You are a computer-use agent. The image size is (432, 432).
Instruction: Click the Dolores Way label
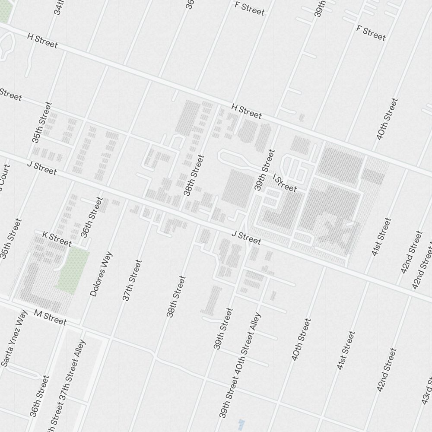[x=100, y=274]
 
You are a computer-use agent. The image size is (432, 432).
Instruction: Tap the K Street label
[x=57, y=238]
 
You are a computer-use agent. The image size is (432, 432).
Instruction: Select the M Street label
[x=50, y=318]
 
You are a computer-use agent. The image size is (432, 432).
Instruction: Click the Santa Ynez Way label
[x=15, y=339]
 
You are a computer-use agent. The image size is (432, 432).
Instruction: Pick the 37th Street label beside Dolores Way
[x=132, y=280]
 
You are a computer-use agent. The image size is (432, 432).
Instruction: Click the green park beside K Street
[x=73, y=270]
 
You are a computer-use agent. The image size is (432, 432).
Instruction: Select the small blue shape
[x=241, y=422]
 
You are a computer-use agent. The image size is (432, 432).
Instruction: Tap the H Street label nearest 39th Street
[x=246, y=111]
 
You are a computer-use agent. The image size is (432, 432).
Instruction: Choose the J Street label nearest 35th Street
[x=41, y=168]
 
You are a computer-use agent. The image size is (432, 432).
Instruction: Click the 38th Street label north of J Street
[x=193, y=175]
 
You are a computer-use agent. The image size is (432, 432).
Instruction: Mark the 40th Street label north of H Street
[x=387, y=119]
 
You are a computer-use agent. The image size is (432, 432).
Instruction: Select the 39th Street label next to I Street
[x=265, y=170]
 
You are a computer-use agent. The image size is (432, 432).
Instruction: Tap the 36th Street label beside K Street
[x=92, y=217]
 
